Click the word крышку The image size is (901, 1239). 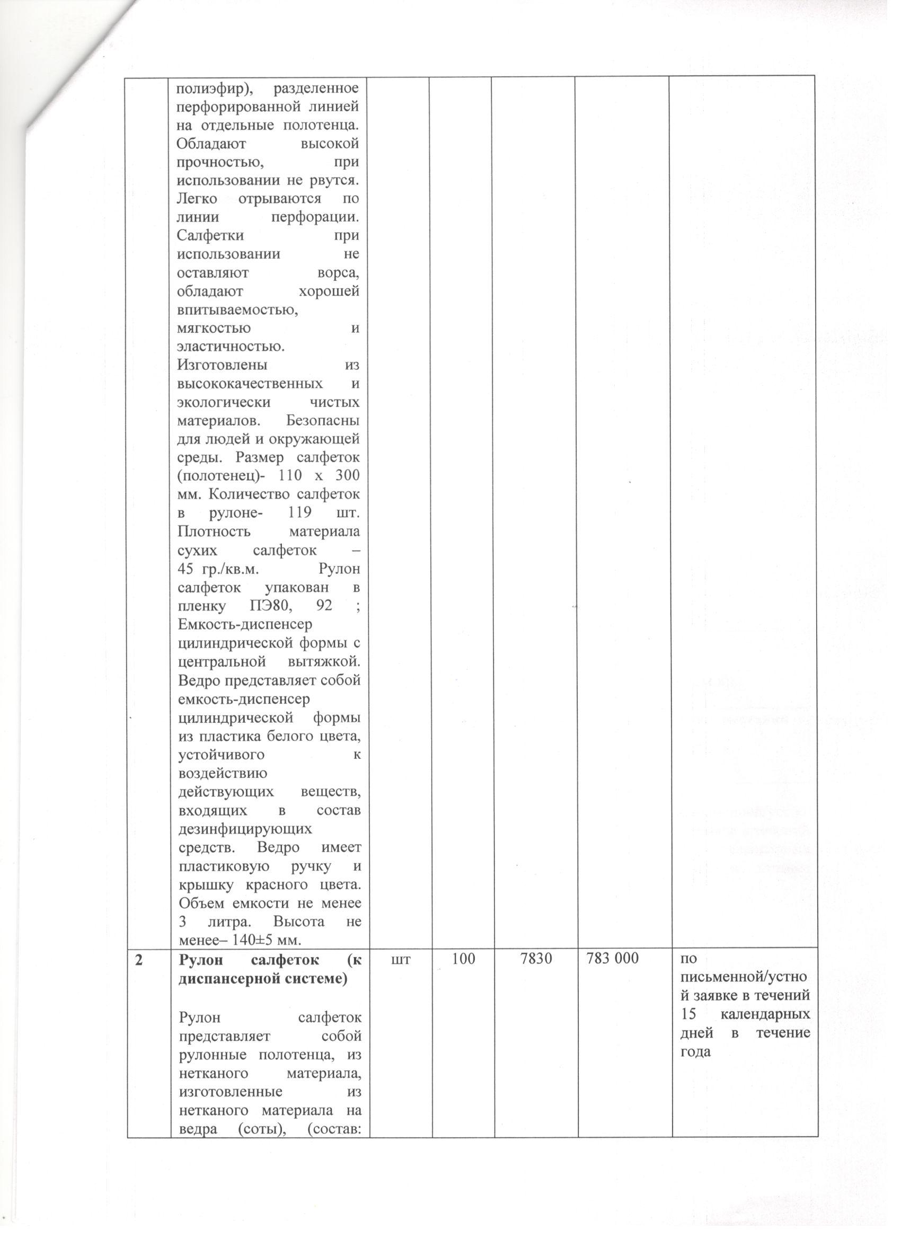[x=201, y=886]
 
